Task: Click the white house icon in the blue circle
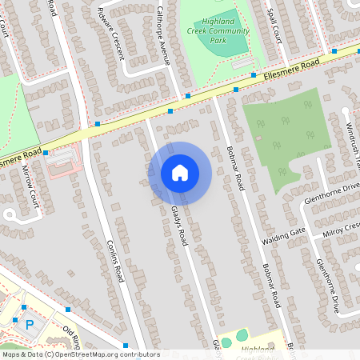click(x=180, y=172)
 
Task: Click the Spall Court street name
click(x=273, y=26)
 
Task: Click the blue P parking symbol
click(x=30, y=324)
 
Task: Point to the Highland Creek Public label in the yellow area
click(x=258, y=349)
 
